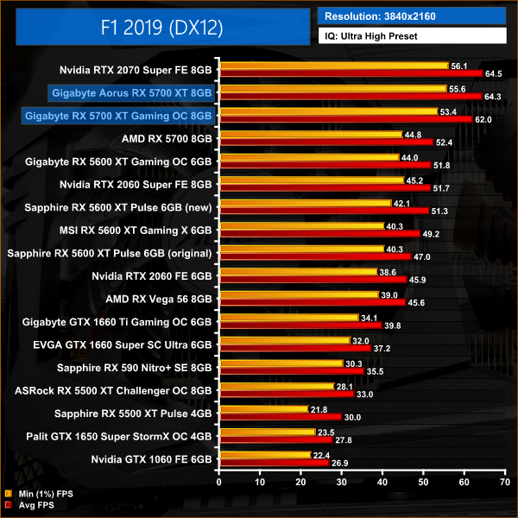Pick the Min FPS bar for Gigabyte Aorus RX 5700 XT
tap(333, 88)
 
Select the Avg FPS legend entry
tap(34, 506)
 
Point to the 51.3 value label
tap(440, 211)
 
